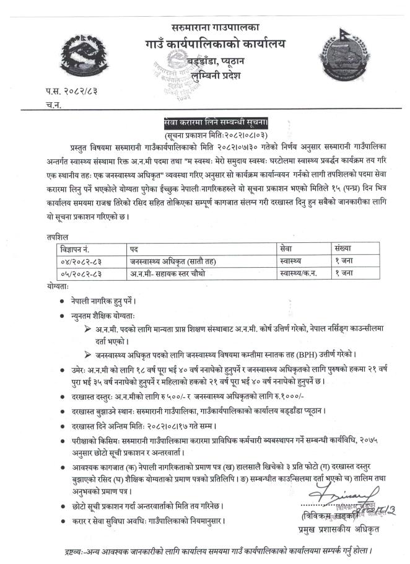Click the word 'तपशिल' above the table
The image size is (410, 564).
[58, 236]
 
